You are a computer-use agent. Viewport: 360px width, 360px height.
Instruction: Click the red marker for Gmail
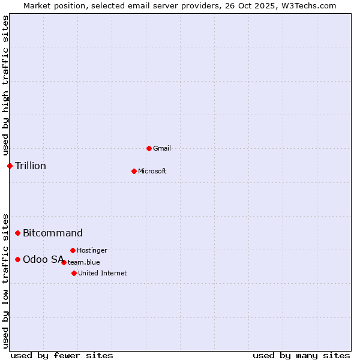149,148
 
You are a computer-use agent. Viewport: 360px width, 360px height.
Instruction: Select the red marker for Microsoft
134,171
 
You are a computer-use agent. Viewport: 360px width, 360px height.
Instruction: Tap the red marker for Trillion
10,166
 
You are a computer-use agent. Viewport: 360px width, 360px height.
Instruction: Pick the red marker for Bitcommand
17,233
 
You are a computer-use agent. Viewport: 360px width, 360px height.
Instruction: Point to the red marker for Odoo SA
17,259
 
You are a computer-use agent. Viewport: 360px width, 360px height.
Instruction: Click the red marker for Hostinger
73,250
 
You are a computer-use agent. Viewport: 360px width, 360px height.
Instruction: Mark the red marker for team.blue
64,262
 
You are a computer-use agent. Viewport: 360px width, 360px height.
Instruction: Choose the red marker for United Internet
74,273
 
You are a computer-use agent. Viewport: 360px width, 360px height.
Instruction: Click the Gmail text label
162,148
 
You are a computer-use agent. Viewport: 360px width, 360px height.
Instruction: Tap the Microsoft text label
152,171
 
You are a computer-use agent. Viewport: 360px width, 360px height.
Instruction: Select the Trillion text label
31,166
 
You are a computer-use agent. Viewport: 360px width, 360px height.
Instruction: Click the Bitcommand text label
53,233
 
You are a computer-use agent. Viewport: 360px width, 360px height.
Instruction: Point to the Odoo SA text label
43,259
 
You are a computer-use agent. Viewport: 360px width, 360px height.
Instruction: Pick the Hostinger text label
92,250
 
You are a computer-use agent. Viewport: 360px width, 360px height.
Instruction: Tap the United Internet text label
103,273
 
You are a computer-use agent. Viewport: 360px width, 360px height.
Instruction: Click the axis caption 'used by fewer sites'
62,355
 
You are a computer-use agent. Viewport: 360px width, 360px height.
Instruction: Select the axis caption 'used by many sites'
301,355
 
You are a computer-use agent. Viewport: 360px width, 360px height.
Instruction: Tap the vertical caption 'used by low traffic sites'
5,281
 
